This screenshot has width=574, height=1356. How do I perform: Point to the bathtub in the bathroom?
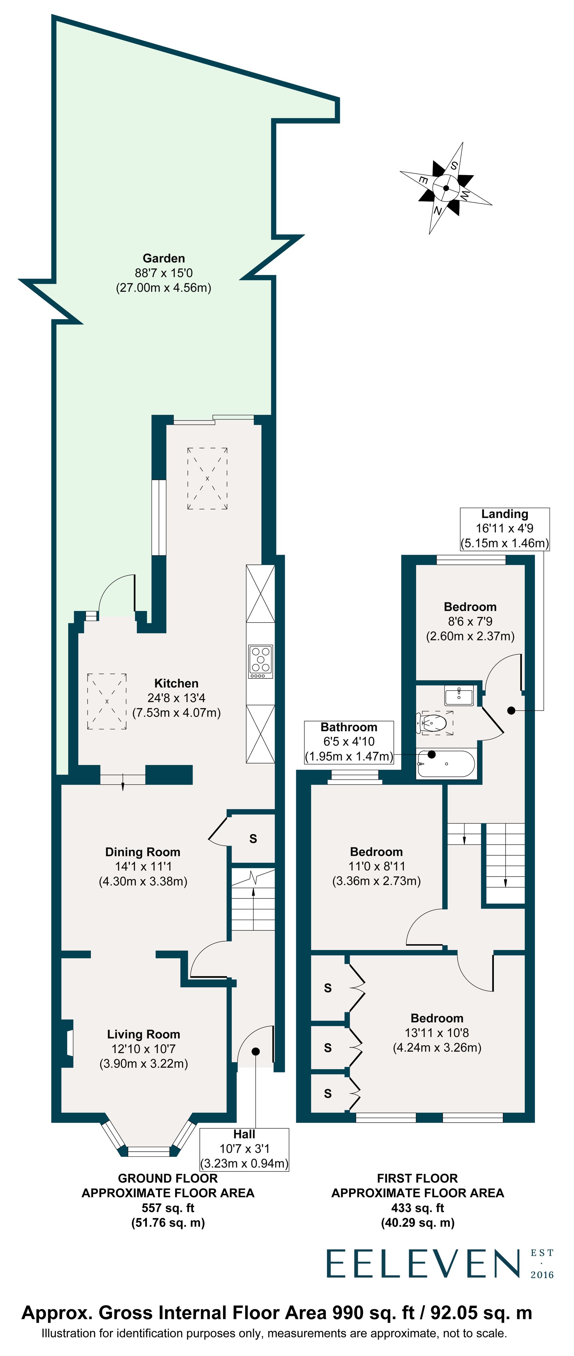point(446,764)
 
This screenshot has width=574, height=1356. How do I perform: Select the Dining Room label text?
point(143,852)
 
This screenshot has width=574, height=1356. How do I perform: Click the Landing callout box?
point(505,529)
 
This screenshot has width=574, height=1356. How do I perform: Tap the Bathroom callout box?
point(349,742)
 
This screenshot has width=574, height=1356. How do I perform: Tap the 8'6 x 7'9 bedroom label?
point(470,621)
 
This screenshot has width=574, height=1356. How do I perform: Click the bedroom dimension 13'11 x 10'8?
point(437,1033)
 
